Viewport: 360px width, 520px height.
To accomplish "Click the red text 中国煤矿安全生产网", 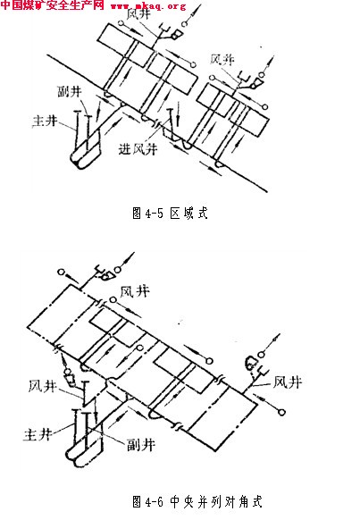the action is click(x=53, y=5).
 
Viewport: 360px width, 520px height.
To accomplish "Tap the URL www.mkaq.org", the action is click(x=148, y=6).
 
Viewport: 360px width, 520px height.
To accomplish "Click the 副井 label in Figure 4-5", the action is click(x=70, y=91).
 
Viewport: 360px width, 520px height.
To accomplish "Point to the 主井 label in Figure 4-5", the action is click(x=45, y=121).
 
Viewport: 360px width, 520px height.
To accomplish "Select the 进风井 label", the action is click(x=138, y=149).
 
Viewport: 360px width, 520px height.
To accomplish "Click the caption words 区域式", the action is click(x=188, y=213).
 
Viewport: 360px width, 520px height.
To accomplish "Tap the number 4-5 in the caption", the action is click(x=155, y=214).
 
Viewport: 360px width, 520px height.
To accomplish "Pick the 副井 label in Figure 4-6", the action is click(x=141, y=444).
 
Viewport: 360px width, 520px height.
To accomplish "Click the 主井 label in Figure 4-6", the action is click(x=38, y=434).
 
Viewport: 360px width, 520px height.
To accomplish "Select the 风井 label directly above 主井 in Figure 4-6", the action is click(x=42, y=386).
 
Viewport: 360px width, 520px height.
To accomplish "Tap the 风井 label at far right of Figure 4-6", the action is click(x=288, y=382).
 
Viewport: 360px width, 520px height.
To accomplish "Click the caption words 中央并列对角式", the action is click(x=216, y=501).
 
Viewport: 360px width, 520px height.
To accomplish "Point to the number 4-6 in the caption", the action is click(x=155, y=501).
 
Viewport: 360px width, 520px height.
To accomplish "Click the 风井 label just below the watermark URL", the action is click(x=138, y=14).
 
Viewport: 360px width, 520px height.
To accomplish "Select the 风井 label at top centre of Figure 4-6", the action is click(x=135, y=291).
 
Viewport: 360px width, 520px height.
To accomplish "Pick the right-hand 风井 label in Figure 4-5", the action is click(x=222, y=60).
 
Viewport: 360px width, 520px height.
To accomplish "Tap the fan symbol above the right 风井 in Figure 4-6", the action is click(x=251, y=363).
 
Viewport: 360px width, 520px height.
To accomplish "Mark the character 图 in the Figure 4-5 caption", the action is click(x=137, y=213).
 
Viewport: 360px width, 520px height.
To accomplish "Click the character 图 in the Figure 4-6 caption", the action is click(x=137, y=501).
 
